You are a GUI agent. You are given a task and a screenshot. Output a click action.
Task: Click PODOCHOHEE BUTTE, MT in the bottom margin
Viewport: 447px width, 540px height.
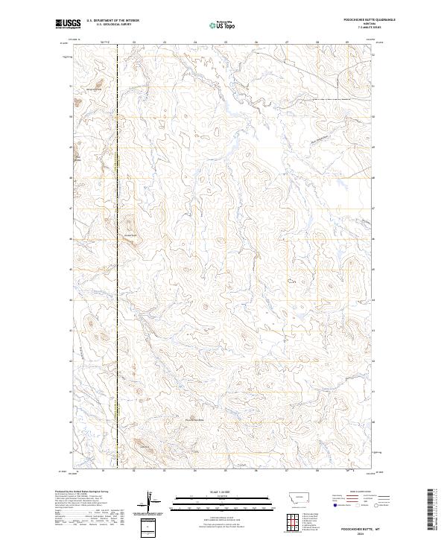[x=355, y=525]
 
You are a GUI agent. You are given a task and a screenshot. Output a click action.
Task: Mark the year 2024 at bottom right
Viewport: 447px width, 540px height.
[x=355, y=533]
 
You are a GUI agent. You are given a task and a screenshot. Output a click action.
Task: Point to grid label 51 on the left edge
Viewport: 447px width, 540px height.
[x=71, y=86]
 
